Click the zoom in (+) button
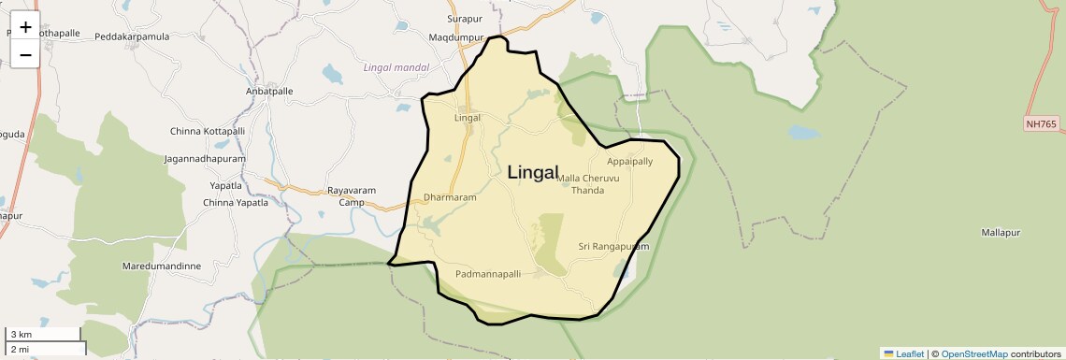tap(25, 27)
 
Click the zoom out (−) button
tap(25, 54)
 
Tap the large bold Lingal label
tap(533, 173)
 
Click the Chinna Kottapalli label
tap(208, 132)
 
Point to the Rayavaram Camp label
tap(352, 196)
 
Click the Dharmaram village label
tap(450, 198)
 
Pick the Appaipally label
tap(630, 162)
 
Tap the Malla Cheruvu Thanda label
tap(587, 184)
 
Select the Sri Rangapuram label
tap(613, 247)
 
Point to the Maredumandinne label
tap(162, 266)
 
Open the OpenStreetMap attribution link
tap(974, 354)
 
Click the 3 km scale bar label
tap(22, 335)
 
